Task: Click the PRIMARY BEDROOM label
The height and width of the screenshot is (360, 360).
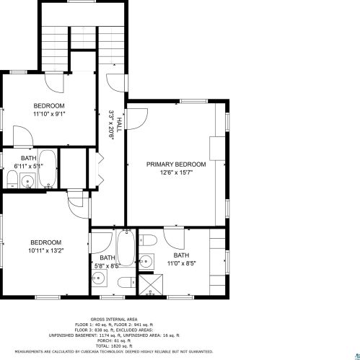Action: [176, 164]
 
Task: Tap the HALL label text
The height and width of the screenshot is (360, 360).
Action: [119, 125]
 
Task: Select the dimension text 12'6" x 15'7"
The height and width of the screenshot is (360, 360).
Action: [176, 172]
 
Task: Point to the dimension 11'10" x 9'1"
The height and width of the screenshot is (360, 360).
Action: [49, 114]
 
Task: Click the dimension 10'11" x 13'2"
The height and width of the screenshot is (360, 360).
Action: [45, 251]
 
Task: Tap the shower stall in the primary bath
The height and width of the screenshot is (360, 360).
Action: [151, 284]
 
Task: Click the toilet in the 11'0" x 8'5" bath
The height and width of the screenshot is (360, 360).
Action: [148, 240]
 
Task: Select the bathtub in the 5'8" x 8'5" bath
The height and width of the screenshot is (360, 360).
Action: [126, 247]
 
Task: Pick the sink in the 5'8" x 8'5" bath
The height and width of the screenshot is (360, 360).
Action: [99, 278]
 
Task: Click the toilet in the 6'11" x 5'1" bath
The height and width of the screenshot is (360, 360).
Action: [12, 179]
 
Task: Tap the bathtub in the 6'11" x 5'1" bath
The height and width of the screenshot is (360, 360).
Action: [48, 169]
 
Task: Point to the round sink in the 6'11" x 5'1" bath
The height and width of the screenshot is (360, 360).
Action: [27, 180]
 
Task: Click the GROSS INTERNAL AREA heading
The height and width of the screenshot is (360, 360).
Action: [114, 320]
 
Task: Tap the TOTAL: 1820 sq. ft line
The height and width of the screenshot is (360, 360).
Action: [114, 346]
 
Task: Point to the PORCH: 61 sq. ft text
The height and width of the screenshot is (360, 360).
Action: [114, 341]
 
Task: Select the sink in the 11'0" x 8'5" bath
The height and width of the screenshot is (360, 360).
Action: [146, 261]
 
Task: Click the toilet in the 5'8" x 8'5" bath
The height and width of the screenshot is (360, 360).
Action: [127, 282]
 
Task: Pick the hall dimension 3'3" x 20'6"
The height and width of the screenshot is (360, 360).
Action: [111, 125]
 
